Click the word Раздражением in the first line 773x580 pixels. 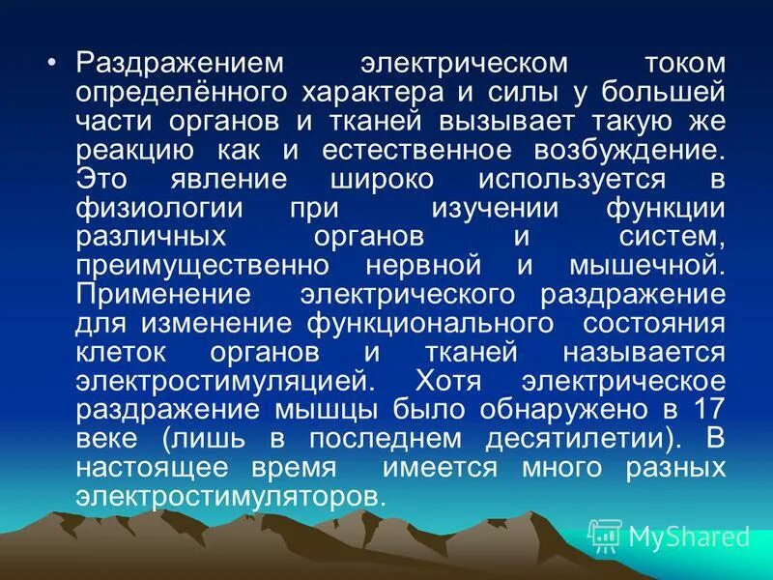coord(180,64)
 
